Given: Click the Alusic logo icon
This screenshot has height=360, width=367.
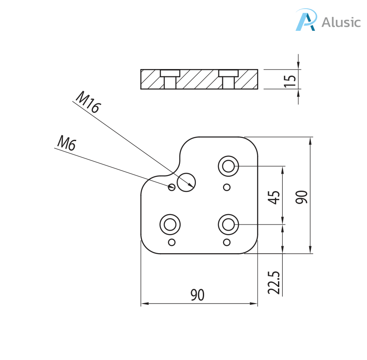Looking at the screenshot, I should click(x=306, y=20).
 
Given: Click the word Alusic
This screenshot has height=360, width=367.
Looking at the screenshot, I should click(x=341, y=22).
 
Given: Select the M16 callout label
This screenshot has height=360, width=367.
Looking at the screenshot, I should click(x=88, y=102).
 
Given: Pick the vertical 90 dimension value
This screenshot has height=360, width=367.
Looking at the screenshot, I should click(x=302, y=197).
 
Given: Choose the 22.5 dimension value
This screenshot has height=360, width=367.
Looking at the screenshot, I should click(x=274, y=283).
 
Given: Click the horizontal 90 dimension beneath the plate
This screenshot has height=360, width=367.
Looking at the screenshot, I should click(x=197, y=295).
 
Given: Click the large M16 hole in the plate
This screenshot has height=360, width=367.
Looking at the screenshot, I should click(x=186, y=182).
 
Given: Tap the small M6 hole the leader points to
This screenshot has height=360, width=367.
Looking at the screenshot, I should click(x=172, y=187).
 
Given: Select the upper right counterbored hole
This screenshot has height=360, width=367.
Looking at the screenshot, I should click(x=228, y=166).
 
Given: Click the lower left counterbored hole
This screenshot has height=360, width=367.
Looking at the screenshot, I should click(x=170, y=225).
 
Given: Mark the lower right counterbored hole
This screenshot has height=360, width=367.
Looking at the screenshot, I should click(x=228, y=225).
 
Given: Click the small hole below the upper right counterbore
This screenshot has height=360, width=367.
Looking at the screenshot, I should click(x=226, y=187).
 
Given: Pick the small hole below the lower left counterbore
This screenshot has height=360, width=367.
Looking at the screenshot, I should click(x=172, y=242).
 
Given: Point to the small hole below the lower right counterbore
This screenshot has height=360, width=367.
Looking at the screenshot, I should click(x=226, y=242).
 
